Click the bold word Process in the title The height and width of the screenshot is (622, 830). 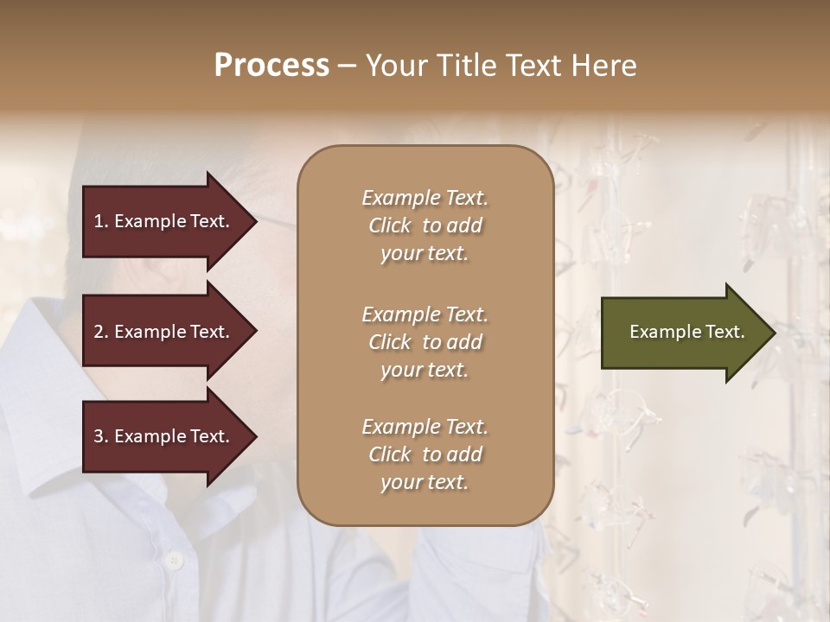[x=271, y=66]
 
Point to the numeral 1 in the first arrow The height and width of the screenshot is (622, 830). [x=99, y=221]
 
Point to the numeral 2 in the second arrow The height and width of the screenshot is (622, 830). [x=99, y=332]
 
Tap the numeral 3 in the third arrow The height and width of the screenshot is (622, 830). [x=99, y=436]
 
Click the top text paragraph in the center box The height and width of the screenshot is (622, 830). [x=425, y=225]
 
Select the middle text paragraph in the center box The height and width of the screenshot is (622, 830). [x=425, y=342]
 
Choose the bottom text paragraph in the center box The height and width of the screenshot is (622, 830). [x=425, y=454]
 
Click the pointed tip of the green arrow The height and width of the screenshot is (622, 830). [x=774, y=333]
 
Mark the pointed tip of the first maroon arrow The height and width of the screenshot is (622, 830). [x=255, y=221]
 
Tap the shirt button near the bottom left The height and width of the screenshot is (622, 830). [x=174, y=561]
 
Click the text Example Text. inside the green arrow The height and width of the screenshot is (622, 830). [x=686, y=332]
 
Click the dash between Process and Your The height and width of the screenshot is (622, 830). [x=347, y=66]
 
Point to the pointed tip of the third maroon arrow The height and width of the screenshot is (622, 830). [x=255, y=436]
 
